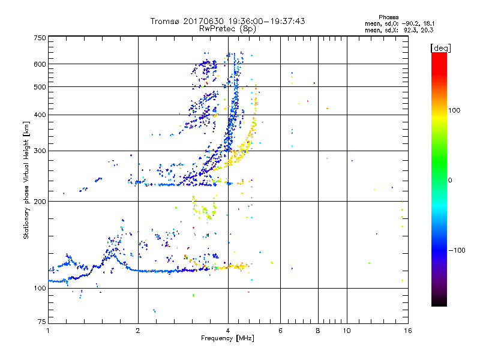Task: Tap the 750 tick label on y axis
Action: pyautogui.click(x=40, y=38)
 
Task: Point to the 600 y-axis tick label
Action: pyautogui.click(x=40, y=64)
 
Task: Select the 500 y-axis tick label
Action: pyautogui.click(x=40, y=87)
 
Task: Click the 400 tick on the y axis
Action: pyautogui.click(x=40, y=115)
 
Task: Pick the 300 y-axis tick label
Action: pyautogui.click(x=40, y=151)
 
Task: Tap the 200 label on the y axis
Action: pyautogui.click(x=40, y=202)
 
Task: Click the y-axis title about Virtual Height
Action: pyautogui.click(x=26, y=181)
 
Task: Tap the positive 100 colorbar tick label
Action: pyautogui.click(x=454, y=110)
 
